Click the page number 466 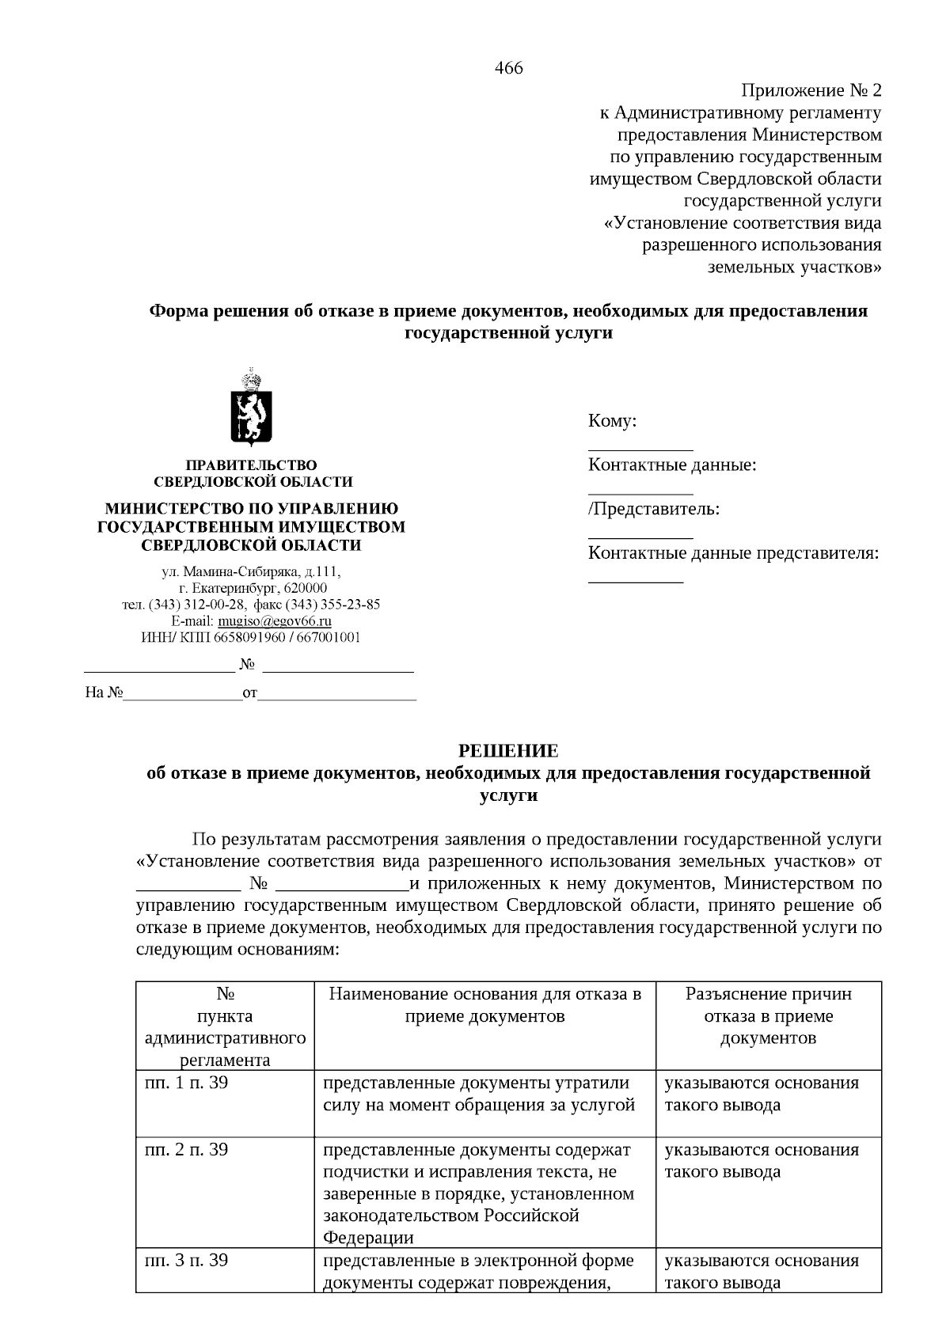tap(508, 68)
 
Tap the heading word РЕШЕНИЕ tap(509, 750)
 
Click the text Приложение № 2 tap(811, 90)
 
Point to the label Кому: tap(612, 421)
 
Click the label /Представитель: tap(654, 509)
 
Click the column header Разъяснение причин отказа tap(768, 1015)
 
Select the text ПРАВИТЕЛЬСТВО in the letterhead tap(251, 465)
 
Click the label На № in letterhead tap(104, 693)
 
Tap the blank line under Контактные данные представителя tap(635, 581)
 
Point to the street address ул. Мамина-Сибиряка tap(219, 571)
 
